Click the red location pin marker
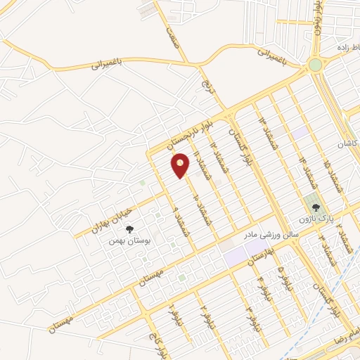click(181, 165)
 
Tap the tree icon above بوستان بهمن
click(129, 229)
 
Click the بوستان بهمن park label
click(129, 240)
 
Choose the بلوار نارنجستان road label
click(179, 133)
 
